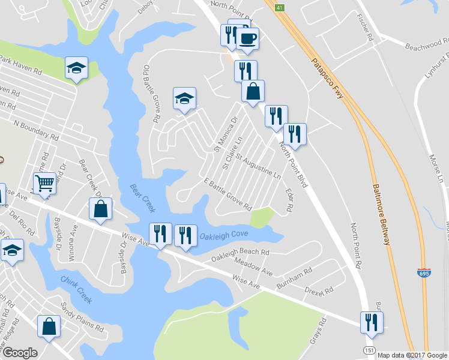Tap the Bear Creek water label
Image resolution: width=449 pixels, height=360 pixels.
[x=142, y=198]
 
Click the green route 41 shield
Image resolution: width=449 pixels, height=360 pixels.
[x=279, y=7]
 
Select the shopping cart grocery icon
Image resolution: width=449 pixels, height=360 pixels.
[x=44, y=182]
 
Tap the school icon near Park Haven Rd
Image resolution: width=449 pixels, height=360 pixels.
[x=76, y=68]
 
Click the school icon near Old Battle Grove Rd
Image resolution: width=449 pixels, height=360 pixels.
[x=184, y=98]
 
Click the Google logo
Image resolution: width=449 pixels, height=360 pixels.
[x=19, y=352]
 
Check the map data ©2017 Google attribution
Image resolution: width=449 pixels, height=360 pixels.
[x=412, y=355]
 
